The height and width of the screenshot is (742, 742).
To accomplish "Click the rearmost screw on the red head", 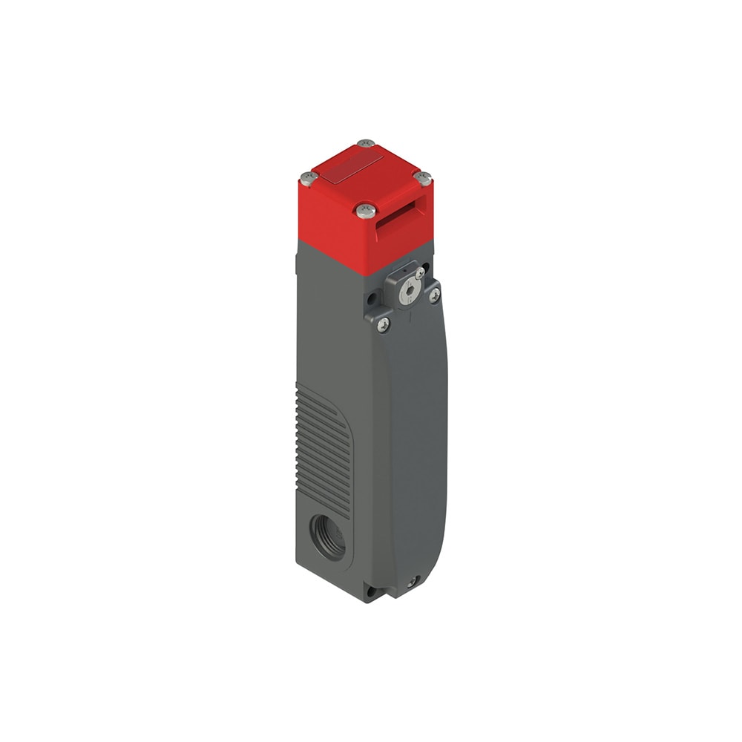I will [x=366, y=142].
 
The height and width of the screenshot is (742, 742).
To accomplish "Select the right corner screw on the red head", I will [x=422, y=177].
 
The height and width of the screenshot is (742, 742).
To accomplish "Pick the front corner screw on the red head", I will [x=364, y=211].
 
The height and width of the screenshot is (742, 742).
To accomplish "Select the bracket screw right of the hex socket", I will [x=434, y=295].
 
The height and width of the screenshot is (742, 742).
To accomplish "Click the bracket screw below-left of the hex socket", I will [x=384, y=324].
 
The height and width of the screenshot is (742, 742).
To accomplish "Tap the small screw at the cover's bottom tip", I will [x=412, y=582].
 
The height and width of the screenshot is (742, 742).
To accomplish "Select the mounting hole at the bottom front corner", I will [x=370, y=592].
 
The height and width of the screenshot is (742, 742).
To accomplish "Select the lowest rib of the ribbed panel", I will [x=326, y=505].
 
